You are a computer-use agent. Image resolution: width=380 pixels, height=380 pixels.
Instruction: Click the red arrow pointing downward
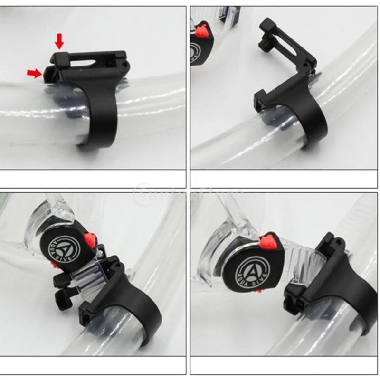[59, 41]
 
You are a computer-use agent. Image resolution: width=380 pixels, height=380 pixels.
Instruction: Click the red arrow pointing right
[34, 73]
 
